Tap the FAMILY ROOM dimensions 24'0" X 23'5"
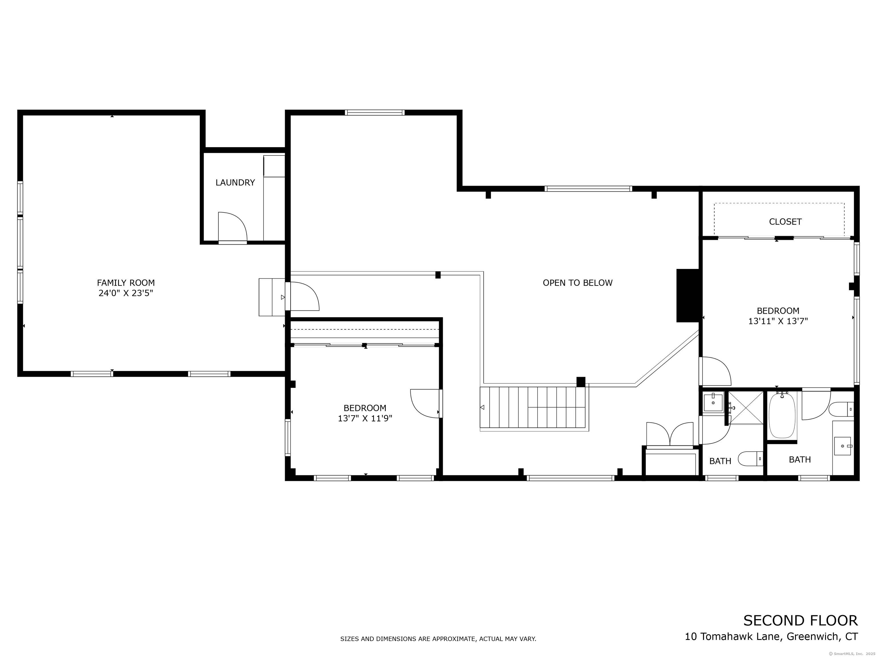point(126,293)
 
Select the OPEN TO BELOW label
point(577,283)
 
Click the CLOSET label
point(785,222)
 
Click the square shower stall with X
point(746,408)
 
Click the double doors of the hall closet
point(670,435)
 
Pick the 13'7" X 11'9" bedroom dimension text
point(365,418)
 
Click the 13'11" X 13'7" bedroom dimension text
point(777,321)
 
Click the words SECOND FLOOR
point(800,620)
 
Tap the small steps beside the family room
point(271,297)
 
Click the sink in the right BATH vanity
point(842,446)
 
